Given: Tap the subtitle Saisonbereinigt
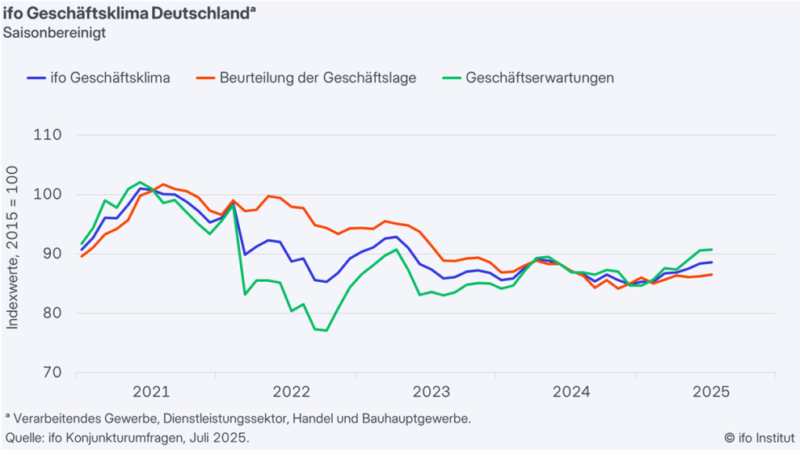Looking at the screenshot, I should point(54,33).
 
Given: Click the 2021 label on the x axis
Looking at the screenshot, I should point(151,393).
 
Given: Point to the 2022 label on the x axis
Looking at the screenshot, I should point(291,393).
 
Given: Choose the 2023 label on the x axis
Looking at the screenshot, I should point(431,393).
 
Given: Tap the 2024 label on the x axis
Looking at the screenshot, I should point(571,393).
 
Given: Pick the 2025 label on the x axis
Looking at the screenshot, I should point(711,393).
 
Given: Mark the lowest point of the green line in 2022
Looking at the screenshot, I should point(326,330).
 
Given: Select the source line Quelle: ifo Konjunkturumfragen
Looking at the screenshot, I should point(127,438).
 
